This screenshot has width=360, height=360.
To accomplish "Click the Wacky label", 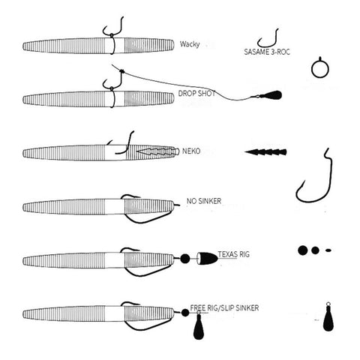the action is click(190, 44).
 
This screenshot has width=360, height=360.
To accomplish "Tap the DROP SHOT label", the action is click(196, 94).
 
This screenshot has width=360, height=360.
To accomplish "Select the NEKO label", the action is click(191, 151).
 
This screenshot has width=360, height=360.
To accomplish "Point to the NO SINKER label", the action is click(204, 201).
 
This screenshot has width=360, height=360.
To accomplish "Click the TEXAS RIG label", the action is click(234, 254).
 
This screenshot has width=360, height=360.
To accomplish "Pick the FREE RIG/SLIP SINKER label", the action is click(224, 307).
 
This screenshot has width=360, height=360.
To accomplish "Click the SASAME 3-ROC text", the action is click(267, 52).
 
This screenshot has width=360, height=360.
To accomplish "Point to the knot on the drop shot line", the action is click(122, 71).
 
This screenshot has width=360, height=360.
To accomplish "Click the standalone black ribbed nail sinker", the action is click(265, 151).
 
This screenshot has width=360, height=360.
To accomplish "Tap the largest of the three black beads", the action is click(302, 250).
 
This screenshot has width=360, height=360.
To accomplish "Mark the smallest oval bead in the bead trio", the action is click(328, 250).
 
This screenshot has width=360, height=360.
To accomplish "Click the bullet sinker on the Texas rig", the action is click(207, 258).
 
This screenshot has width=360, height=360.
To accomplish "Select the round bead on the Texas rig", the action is click(185, 259).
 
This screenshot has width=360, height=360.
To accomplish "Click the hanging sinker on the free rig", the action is click(199, 326).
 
